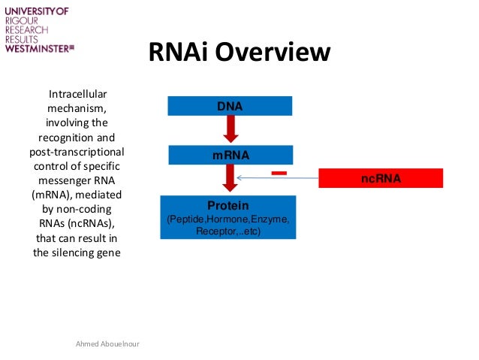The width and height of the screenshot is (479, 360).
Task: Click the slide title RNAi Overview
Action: [x=239, y=52]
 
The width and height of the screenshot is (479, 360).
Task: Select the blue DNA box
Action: [x=229, y=106]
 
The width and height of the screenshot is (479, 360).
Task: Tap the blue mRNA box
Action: [x=229, y=156]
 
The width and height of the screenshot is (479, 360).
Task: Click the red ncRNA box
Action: [x=381, y=179]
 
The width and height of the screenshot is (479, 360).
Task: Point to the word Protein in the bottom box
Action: [x=227, y=205]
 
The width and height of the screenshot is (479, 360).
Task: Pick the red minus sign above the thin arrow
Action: [x=279, y=173]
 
